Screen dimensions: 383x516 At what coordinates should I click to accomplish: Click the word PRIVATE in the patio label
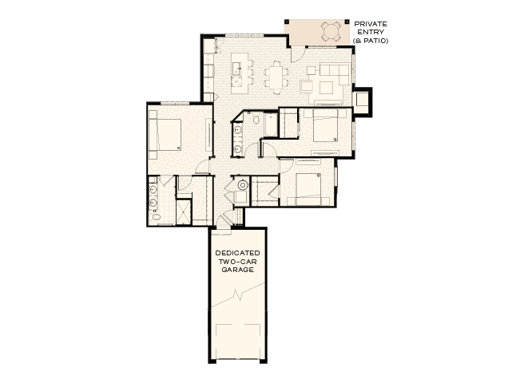coord(371,24)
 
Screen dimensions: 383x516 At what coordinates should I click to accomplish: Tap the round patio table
coord(331,31)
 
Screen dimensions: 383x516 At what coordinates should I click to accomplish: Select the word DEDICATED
coord(237,254)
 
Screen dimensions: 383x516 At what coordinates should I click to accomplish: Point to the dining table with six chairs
coord(276,77)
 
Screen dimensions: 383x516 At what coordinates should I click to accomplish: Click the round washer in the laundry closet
coord(243,185)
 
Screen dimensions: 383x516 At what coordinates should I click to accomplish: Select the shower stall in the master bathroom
coord(184,211)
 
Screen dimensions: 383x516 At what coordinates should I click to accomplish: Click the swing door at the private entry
coord(296,53)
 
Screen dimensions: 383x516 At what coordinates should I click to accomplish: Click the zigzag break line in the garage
coord(237,302)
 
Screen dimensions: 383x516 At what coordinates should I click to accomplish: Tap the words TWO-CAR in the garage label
coord(237,262)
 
